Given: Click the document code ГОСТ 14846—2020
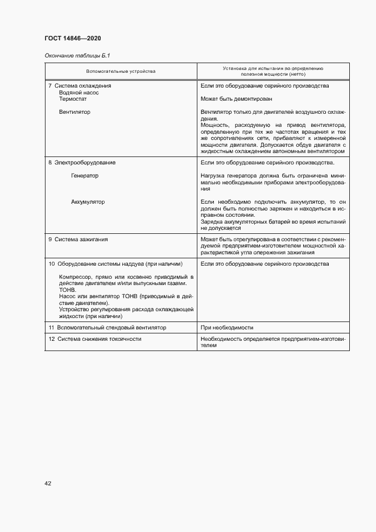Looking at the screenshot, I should [73, 38].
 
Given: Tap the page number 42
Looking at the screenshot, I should [48, 483].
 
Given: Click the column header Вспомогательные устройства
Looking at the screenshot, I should [121, 71].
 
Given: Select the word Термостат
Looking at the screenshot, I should [73, 98].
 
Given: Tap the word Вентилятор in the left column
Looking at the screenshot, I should [75, 112].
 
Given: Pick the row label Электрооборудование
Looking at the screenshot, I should [85, 163].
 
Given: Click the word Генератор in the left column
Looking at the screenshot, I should [85, 176].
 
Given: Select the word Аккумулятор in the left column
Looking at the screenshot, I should [88, 202].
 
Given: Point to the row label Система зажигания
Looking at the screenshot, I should [81, 240].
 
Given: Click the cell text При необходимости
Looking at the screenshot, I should [226, 328].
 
